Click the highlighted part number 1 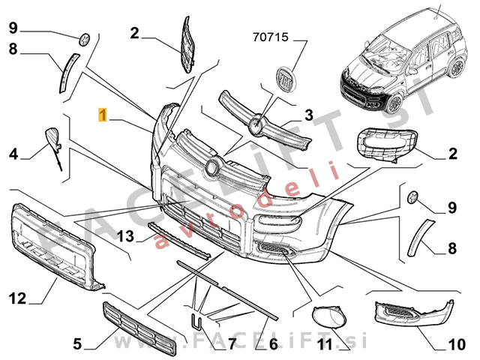click(103, 115)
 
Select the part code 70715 click(269, 35)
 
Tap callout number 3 click(308, 115)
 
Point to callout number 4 click(13, 154)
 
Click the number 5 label click(76, 344)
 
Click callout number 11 click(323, 345)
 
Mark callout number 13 click(127, 237)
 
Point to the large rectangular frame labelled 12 click(55, 245)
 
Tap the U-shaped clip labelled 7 click(195, 322)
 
